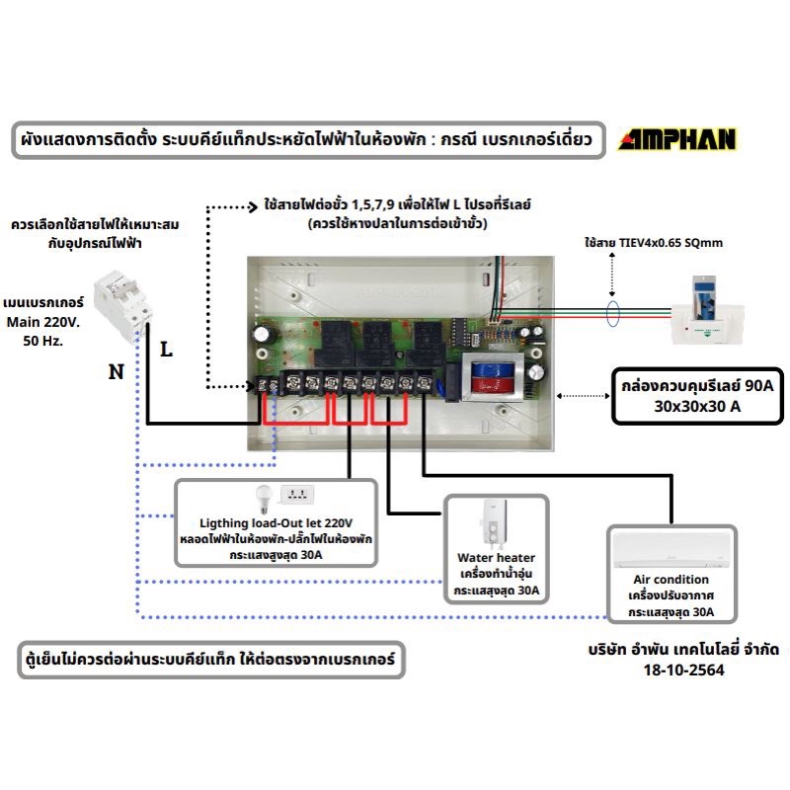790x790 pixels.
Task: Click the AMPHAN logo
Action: point(677,139)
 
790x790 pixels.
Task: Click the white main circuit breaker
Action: point(122,306)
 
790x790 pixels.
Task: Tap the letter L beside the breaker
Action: point(166,350)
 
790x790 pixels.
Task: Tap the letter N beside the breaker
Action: point(116,372)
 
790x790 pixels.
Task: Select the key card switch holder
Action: point(706,310)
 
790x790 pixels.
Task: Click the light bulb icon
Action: point(264,499)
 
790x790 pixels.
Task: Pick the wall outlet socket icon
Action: point(297,495)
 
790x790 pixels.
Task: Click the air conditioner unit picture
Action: point(671,549)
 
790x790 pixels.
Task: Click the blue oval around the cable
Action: point(612,313)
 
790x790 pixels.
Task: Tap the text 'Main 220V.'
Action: point(43,322)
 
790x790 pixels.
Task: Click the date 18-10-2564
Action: point(683,670)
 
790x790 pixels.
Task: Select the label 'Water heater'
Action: point(496,558)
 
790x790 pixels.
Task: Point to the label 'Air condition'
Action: point(671,580)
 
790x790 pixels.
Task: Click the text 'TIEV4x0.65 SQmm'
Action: point(671,243)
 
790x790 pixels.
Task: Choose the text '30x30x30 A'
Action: point(697,406)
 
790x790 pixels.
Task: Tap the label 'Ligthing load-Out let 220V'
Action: point(276,523)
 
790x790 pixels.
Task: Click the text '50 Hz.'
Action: point(43,341)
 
